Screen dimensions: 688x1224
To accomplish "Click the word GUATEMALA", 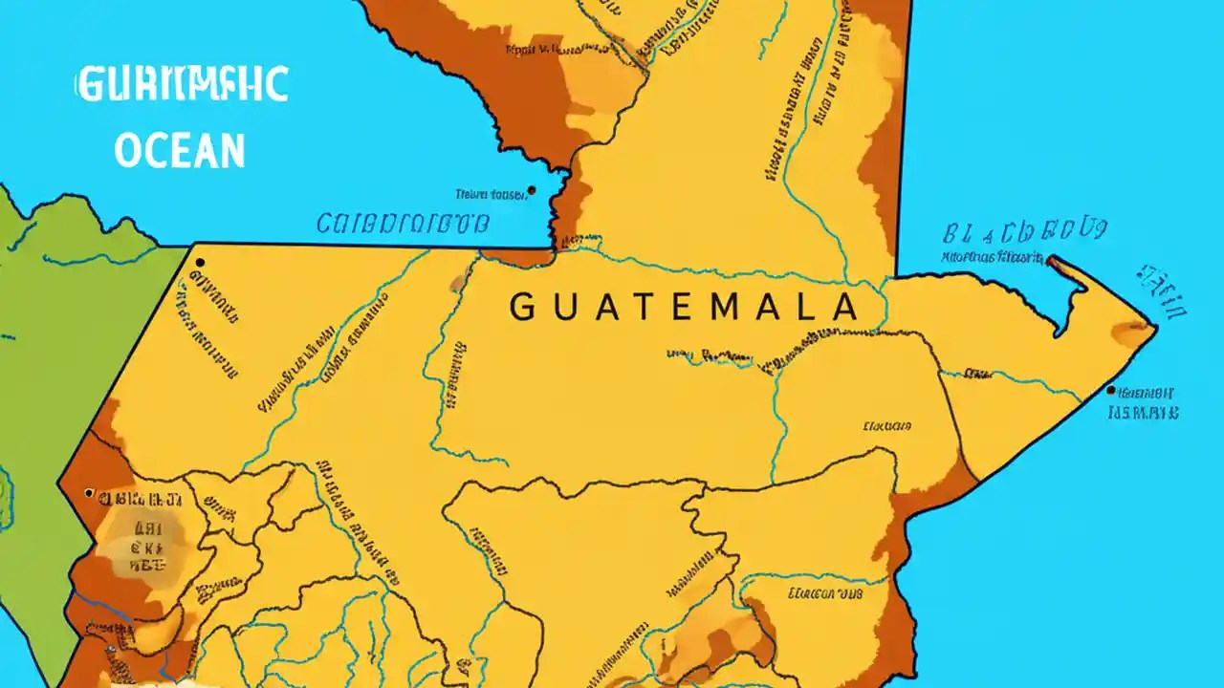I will point(683,307).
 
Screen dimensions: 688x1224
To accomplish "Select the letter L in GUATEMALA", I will point(809,308).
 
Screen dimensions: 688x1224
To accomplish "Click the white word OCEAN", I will point(180,151).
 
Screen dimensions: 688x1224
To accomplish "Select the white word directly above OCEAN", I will point(182,86).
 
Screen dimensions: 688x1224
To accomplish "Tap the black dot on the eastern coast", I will point(1110,390).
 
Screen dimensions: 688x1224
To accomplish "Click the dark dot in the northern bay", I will point(532,190).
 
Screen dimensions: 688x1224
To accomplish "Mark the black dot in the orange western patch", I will point(89,493).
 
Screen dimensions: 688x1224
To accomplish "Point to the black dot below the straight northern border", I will point(199,261).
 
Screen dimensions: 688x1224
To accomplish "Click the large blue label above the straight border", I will point(403,225).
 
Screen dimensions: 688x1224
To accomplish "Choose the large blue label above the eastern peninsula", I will point(1024,232).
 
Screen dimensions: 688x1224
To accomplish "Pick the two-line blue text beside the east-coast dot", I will point(1144,403).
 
